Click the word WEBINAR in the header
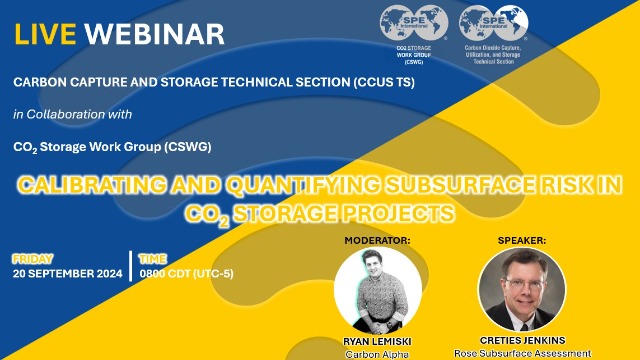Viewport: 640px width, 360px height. tap(154, 33)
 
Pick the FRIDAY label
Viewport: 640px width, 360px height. tap(33, 259)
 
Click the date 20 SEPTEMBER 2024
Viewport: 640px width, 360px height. tap(67, 274)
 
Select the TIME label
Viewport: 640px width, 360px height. tap(151, 259)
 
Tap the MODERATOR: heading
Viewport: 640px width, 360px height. tap(377, 241)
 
